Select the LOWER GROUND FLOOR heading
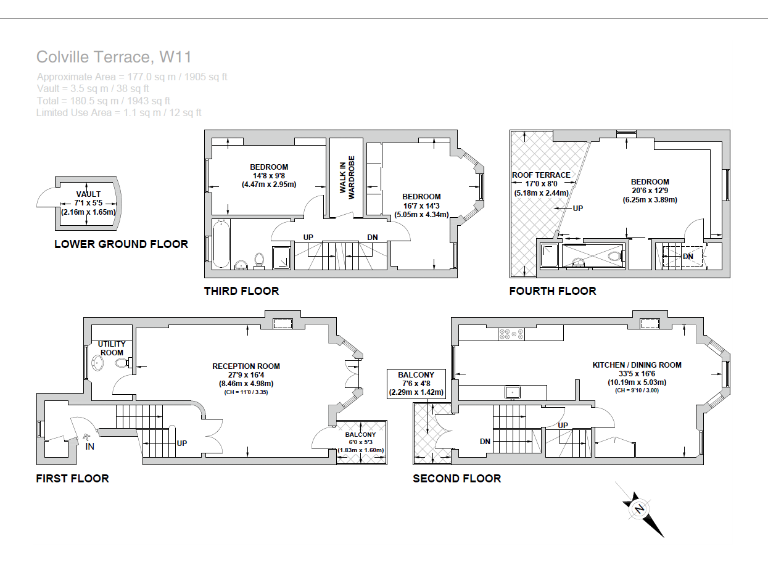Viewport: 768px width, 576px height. tap(121, 244)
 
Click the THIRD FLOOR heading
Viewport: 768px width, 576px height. tap(241, 291)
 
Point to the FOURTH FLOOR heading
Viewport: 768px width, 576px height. tap(552, 291)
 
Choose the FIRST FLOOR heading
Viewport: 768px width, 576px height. tap(72, 478)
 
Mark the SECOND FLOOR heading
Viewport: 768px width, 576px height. tap(457, 478)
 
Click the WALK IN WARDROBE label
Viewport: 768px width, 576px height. tap(346, 180)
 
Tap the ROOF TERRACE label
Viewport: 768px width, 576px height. tap(540, 175)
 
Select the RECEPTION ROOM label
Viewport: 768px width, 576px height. tap(245, 366)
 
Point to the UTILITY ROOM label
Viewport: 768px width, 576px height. tap(111, 348)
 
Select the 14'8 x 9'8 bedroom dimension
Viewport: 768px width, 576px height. tap(268, 175)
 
